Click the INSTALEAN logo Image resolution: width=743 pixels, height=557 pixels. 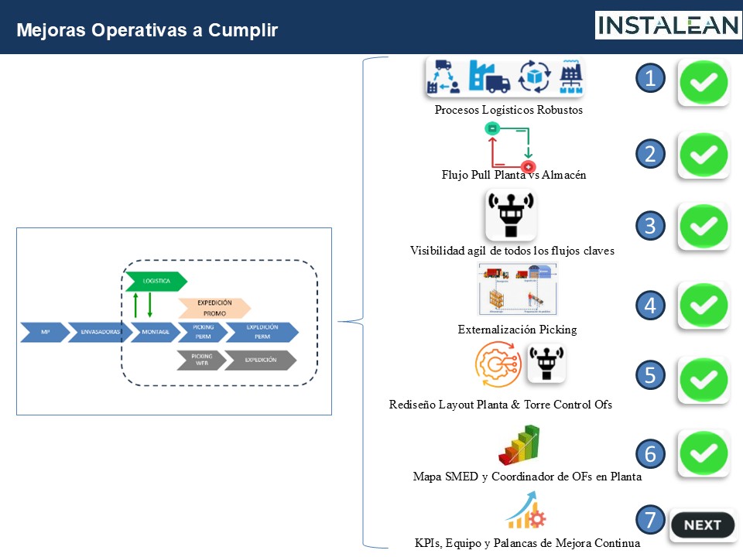668,26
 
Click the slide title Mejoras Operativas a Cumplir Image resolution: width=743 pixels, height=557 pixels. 147,30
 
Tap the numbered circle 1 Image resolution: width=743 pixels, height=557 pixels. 650,78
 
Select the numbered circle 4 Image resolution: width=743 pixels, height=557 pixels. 650,306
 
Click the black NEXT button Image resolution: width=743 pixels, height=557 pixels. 702,525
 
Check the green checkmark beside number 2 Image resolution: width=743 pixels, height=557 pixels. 704,155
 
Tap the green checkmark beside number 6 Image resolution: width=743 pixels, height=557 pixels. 704,453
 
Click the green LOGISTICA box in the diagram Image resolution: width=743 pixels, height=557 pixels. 156,282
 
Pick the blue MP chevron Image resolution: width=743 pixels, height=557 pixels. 44,333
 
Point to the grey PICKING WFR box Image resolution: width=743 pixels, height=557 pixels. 201,361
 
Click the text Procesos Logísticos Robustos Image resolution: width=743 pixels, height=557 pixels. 508,110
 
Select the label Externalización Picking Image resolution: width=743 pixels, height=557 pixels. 517,330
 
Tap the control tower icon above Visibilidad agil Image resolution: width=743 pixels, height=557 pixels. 511,215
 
